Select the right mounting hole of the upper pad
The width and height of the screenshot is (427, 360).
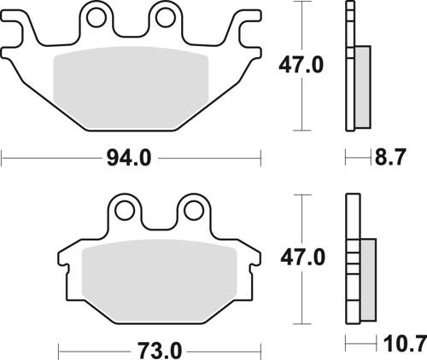(x=165, y=18)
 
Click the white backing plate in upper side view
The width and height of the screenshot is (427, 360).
(x=349, y=68)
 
